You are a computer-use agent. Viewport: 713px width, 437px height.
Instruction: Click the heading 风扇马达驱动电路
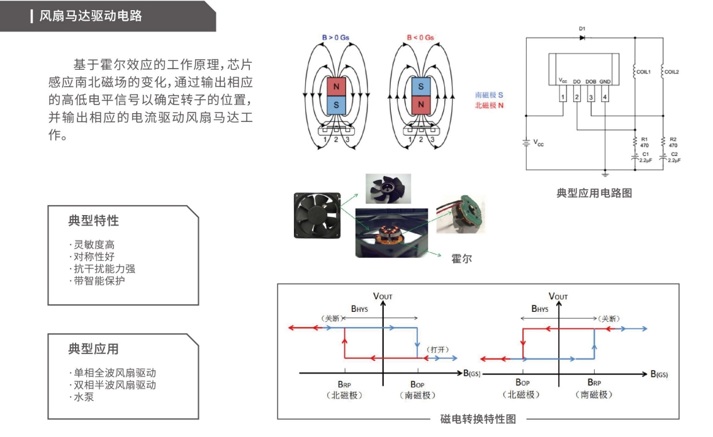(x=91, y=16)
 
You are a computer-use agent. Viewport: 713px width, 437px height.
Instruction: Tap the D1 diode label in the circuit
(x=581, y=29)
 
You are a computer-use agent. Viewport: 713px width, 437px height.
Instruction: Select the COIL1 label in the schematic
(x=643, y=72)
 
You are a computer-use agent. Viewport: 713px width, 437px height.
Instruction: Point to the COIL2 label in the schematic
(x=671, y=72)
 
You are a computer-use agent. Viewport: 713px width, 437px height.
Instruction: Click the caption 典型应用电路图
(x=594, y=193)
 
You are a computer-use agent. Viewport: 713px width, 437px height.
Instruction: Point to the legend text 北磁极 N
(x=489, y=105)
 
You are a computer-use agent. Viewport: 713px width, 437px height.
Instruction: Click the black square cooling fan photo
(x=318, y=216)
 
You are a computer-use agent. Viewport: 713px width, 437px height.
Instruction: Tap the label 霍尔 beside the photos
(x=461, y=258)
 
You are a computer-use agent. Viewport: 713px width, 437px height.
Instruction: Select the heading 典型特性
(x=93, y=221)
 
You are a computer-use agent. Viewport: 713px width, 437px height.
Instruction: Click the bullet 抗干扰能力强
(x=102, y=268)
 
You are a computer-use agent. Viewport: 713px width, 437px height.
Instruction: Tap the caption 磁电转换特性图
(x=478, y=419)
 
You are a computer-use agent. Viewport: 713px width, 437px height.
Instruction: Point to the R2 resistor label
(x=673, y=138)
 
